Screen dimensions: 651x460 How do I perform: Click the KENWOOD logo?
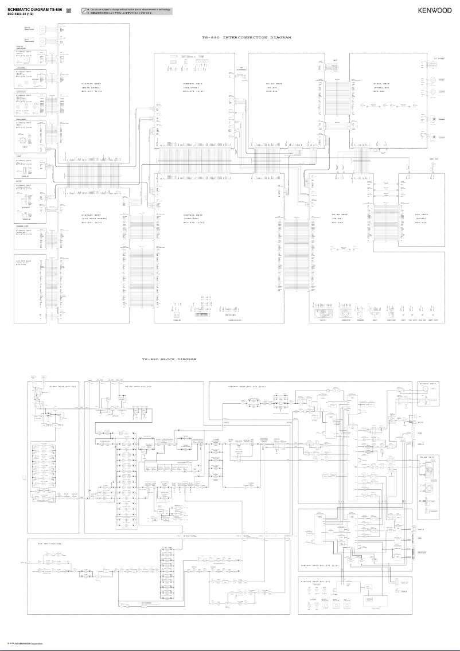tap(434, 10)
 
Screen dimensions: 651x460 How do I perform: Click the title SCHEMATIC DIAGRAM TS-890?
tap(34, 10)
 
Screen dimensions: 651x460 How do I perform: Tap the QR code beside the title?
tap(69, 10)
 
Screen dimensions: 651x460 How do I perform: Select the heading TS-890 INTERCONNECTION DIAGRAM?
tap(247, 37)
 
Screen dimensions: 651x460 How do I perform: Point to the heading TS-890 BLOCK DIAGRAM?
tap(169, 359)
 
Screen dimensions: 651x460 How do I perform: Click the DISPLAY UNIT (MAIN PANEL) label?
tap(91, 87)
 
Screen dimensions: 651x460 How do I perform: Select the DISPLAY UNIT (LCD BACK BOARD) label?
tap(94, 219)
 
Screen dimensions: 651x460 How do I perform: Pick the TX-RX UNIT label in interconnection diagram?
tap(340, 219)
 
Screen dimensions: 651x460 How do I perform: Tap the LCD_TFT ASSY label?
tap(24, 262)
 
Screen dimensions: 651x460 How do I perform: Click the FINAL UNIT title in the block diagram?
tap(63, 387)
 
